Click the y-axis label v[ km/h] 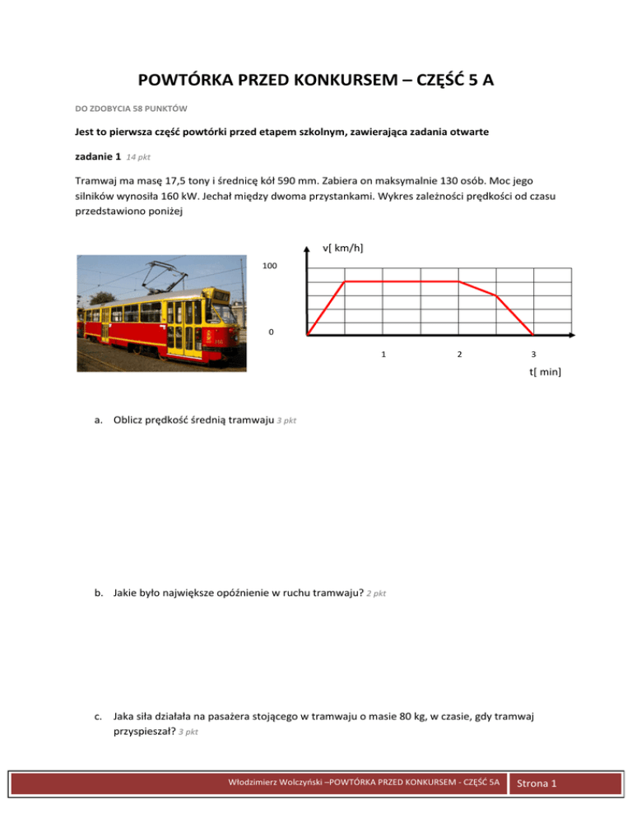click(x=344, y=249)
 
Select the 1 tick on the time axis click(x=383, y=354)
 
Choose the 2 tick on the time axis click(x=459, y=354)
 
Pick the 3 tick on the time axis click(x=534, y=354)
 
